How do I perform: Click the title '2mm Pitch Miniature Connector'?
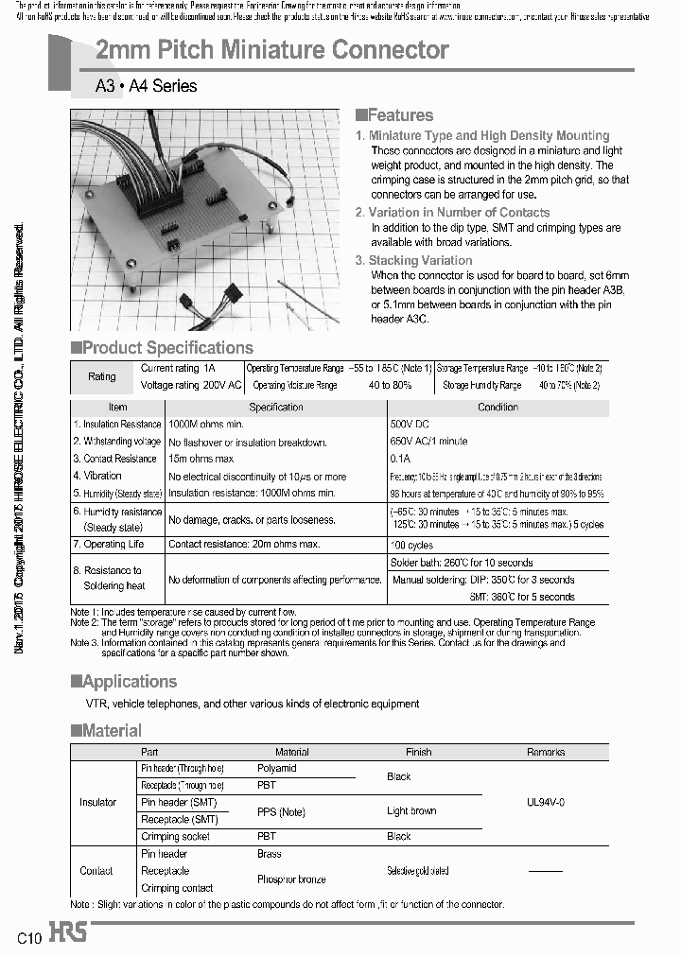[272, 50]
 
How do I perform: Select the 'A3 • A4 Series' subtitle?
[147, 86]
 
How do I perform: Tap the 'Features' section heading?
[394, 115]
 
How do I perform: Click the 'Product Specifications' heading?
[163, 348]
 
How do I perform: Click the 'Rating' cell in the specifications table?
[102, 376]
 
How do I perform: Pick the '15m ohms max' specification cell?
[201, 459]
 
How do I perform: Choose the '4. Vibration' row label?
[98, 476]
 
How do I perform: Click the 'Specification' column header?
[276, 408]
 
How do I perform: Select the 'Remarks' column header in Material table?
[546, 752]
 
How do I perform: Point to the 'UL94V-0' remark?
[546, 802]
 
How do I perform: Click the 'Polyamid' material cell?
[277, 768]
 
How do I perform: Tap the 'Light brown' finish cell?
[411, 810]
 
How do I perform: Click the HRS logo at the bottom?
[68, 933]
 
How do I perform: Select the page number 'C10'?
[29, 938]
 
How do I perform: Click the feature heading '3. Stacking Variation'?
[413, 260]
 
